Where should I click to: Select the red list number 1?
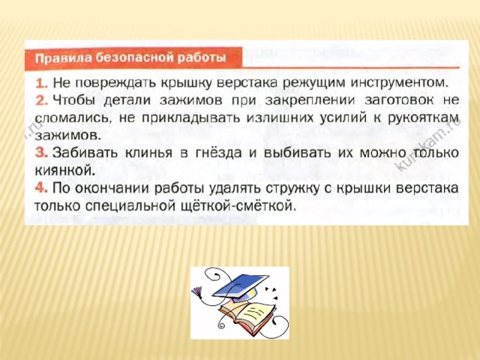(x=41, y=83)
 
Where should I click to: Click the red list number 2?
(x=41, y=100)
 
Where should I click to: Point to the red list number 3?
(x=41, y=153)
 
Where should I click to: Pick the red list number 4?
(x=41, y=187)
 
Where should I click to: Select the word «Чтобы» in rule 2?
(x=74, y=101)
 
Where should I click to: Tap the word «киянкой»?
(x=65, y=170)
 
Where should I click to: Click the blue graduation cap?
(x=241, y=286)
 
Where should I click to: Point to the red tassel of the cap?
(x=198, y=292)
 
